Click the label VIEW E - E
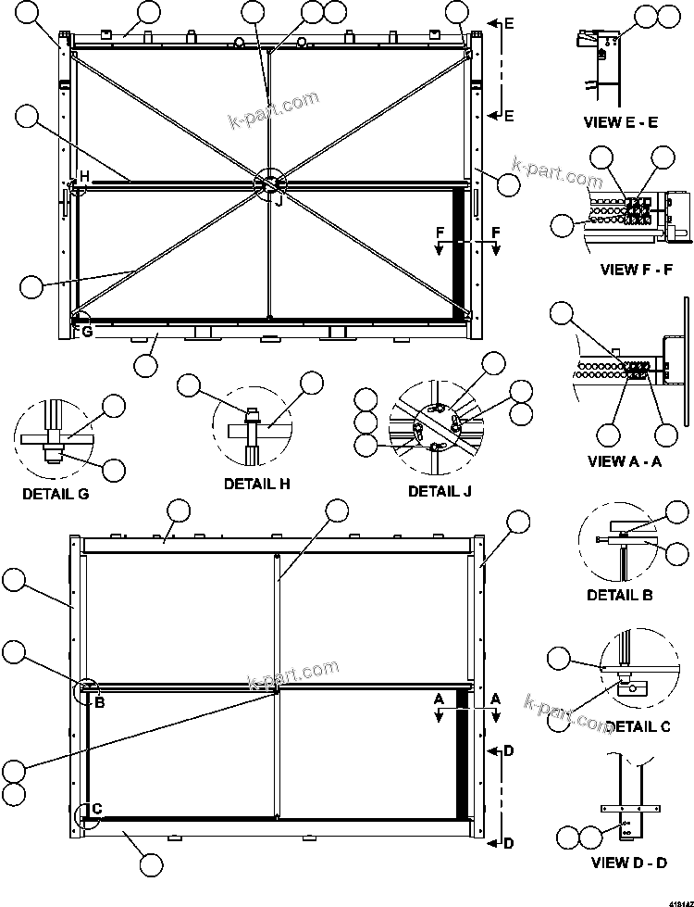(x=620, y=122)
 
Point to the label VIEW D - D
(x=629, y=863)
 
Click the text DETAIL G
(x=56, y=494)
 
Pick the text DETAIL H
(x=257, y=483)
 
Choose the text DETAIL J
(x=440, y=491)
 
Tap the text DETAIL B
(x=620, y=594)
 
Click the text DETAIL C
(x=638, y=726)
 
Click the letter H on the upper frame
(x=83, y=177)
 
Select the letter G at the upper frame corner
(x=87, y=331)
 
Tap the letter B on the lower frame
(x=100, y=701)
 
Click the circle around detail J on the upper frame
(x=271, y=183)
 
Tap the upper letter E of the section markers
(x=509, y=24)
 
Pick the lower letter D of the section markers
(x=508, y=842)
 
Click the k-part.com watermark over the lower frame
(x=294, y=676)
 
